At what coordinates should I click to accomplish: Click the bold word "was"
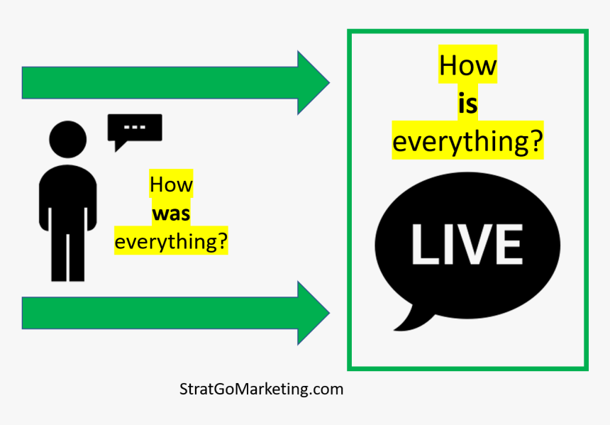point(171,214)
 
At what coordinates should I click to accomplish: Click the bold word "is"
point(467,104)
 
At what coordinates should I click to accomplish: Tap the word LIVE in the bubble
point(467,245)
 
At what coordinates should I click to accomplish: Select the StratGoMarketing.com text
point(262,389)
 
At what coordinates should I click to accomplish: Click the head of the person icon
point(67,139)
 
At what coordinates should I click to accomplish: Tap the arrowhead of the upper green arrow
point(314,82)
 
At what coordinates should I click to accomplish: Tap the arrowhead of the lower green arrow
point(314,313)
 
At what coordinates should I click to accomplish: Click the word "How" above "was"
point(171,184)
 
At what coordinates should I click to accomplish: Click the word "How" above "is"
point(467,65)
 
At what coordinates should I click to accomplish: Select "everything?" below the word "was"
point(171,242)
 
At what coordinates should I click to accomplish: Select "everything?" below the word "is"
point(467,142)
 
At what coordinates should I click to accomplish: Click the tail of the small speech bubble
point(119,146)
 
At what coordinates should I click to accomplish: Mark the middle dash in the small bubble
point(135,127)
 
